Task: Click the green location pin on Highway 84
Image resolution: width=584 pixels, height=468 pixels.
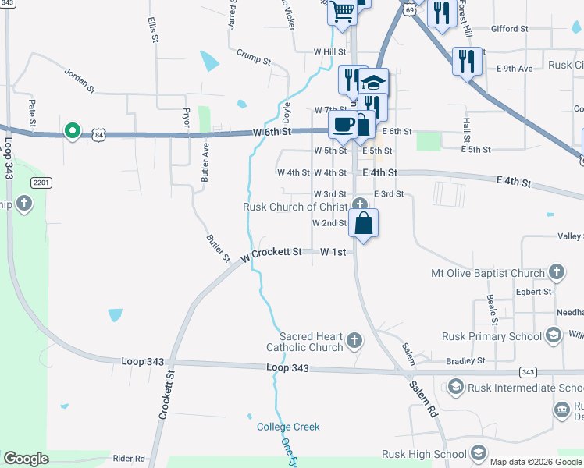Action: point(72,130)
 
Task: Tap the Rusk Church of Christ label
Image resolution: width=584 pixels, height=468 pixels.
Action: point(295,207)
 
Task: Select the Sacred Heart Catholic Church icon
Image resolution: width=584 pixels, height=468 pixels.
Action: point(354,339)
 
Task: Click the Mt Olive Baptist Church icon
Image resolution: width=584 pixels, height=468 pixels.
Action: point(556,272)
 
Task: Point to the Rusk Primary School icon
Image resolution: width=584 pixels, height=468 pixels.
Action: point(553,336)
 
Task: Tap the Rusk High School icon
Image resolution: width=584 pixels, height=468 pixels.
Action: point(478,453)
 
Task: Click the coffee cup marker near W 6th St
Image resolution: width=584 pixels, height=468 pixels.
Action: point(342,124)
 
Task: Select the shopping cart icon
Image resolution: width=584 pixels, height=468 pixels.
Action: point(341,12)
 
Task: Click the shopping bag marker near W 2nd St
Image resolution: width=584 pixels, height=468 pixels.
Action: point(364,223)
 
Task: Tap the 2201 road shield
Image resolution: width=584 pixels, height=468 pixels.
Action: point(42,183)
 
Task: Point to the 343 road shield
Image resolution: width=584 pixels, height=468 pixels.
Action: point(529,372)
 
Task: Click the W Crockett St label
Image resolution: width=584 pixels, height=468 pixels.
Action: point(271,253)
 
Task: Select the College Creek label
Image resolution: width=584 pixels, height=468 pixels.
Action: point(288,427)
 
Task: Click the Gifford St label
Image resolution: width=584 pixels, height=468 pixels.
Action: point(509,29)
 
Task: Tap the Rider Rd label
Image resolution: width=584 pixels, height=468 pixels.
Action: point(129,459)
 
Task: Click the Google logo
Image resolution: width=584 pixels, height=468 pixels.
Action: point(26,459)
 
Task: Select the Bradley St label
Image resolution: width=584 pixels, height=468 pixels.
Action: point(465,361)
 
